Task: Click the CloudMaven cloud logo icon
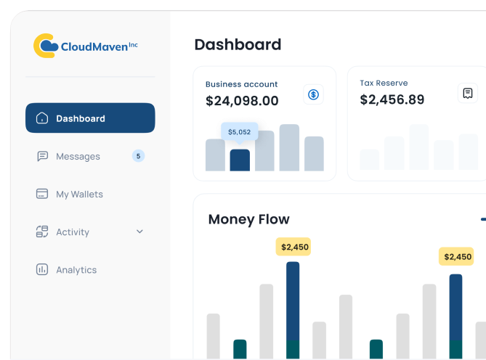click(46, 46)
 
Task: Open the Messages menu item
click(78, 156)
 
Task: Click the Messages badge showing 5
click(138, 155)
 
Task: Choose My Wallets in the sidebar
click(79, 194)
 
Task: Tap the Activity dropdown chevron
click(139, 232)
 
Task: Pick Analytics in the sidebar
click(76, 269)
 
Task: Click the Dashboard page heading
click(238, 44)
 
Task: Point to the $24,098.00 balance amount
click(242, 101)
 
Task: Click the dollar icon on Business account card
click(314, 94)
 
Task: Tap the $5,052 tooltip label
click(239, 131)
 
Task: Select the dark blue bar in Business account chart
click(240, 160)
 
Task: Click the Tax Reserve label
click(384, 83)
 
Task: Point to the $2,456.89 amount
click(392, 99)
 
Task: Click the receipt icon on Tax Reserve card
click(468, 93)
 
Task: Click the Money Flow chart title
click(248, 219)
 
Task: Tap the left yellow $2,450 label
click(294, 247)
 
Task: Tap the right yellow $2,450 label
click(457, 256)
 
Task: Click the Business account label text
click(241, 84)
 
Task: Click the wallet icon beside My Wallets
click(42, 194)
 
